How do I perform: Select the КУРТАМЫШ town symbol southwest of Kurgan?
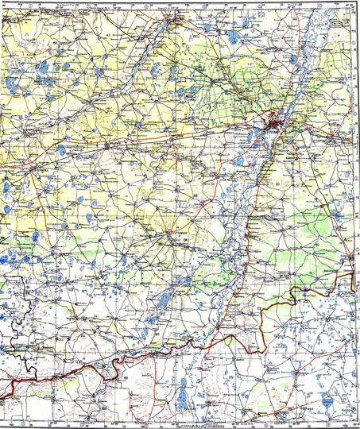click(182, 233)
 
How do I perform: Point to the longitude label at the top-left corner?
click(10, 2)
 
